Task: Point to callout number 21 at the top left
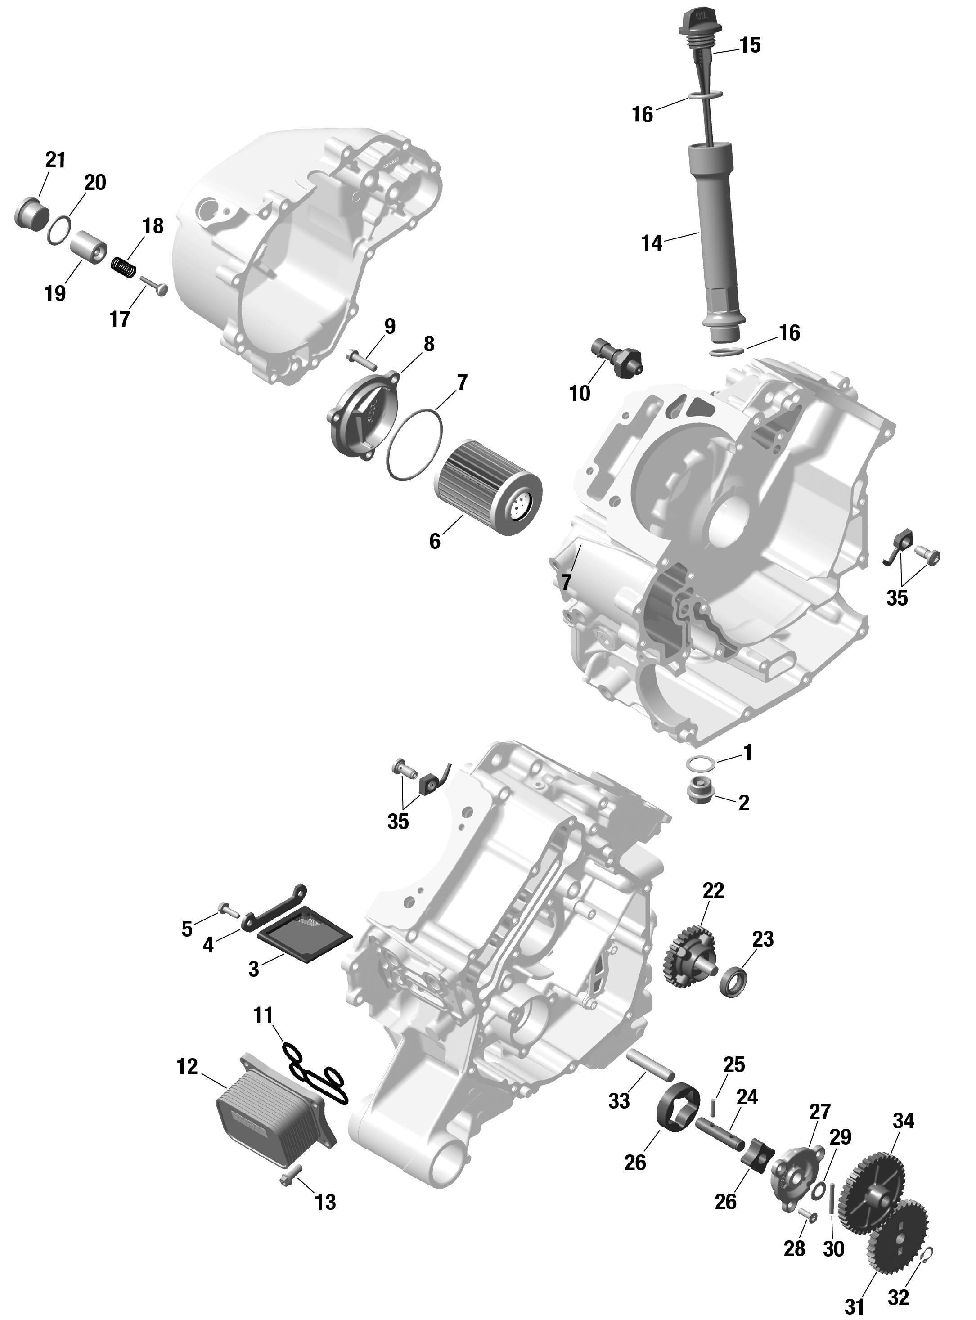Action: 55,160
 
